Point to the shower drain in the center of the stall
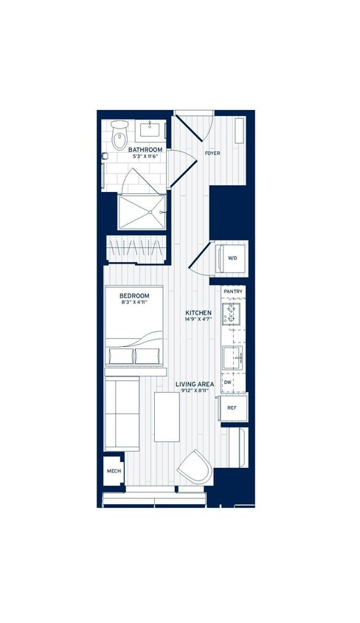(x=150, y=212)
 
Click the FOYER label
(x=213, y=154)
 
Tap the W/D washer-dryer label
(x=232, y=258)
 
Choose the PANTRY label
(x=233, y=292)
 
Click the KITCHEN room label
(x=198, y=313)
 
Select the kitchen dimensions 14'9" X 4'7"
(x=198, y=321)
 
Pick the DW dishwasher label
(x=228, y=382)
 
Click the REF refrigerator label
(x=232, y=407)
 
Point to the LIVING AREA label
(x=195, y=384)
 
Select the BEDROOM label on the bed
(x=135, y=296)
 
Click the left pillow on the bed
(x=120, y=356)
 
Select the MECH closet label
(x=114, y=470)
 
